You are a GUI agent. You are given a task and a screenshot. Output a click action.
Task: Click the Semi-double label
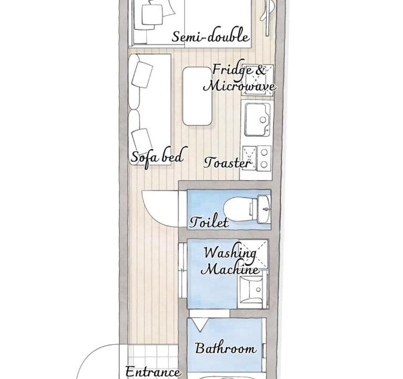tap(210, 36)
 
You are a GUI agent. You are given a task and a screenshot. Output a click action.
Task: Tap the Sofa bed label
tap(157, 157)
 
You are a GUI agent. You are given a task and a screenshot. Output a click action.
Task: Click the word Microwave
tap(239, 86)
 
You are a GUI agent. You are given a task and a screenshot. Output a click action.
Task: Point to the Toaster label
tap(227, 163)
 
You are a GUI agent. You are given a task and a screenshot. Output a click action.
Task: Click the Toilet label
tap(209, 222)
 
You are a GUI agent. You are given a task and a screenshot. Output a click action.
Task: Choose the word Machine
tap(229, 268)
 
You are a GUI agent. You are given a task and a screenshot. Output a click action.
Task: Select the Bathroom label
tap(225, 348)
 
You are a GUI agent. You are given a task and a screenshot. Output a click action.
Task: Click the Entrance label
tap(153, 372)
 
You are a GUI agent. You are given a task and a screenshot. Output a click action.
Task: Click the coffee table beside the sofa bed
tap(197, 96)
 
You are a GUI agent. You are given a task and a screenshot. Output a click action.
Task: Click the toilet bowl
tap(238, 209)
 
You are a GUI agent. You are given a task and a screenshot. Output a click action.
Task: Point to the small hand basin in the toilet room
tap(264, 209)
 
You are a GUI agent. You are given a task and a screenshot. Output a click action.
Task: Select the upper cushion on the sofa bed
tap(142, 75)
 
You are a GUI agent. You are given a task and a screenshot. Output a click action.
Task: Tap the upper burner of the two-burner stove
tap(264, 153)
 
